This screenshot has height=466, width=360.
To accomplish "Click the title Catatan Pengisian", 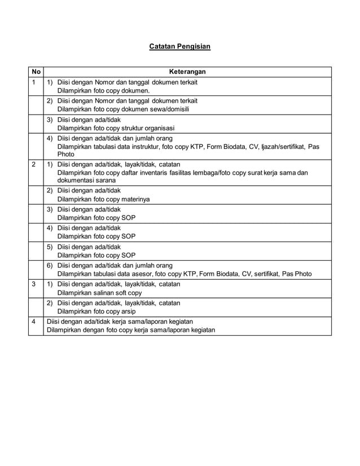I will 179,46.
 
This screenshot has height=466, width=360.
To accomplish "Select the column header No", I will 36,72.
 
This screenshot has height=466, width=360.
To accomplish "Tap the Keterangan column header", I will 187,72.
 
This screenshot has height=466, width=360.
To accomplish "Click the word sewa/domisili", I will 169,109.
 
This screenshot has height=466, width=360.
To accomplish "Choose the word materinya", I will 133,199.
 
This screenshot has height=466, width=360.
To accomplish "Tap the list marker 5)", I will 49,247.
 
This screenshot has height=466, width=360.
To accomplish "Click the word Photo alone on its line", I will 66,154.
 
